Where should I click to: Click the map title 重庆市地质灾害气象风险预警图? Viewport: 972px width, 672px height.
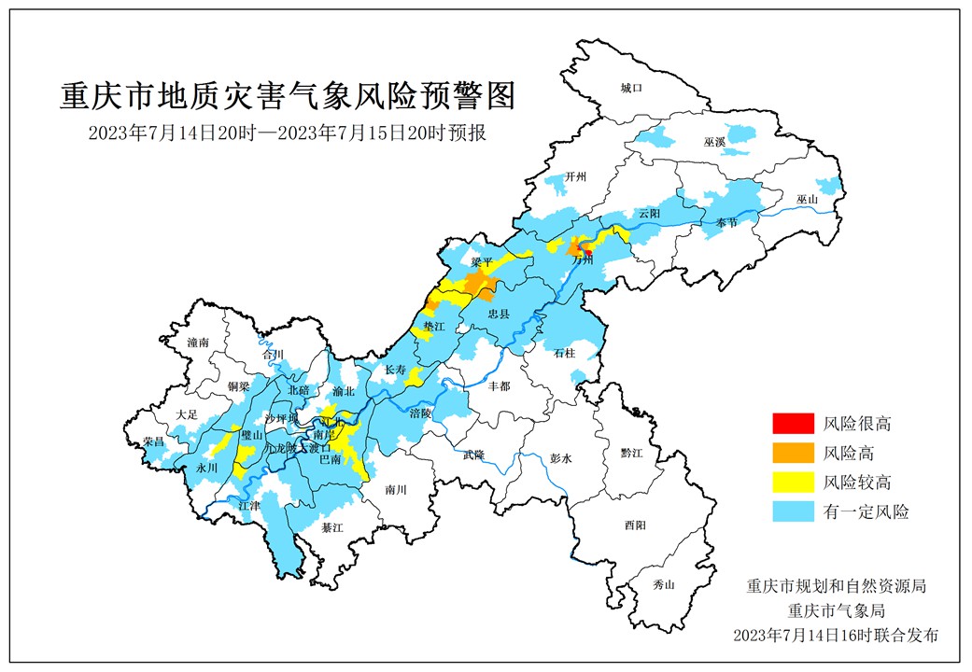288,95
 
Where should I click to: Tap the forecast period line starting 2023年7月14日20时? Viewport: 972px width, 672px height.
287,133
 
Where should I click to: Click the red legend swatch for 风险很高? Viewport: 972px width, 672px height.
790,424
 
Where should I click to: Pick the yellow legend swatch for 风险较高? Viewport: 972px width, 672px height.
790,483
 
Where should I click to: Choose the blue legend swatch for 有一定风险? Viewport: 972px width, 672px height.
790,511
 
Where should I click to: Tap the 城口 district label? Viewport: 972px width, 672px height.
632,88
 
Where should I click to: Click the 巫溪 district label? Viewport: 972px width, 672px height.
715,142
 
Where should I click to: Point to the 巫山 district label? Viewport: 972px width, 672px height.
808,200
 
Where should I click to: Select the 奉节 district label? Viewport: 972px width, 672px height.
726,223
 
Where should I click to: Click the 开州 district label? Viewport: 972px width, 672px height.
576,178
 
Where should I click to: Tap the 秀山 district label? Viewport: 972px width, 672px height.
664,584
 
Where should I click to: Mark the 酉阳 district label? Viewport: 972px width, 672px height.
635,525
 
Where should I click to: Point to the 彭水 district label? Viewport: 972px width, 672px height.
560,458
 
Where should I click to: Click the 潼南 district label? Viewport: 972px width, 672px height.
198,343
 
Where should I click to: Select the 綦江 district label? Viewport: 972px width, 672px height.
332,527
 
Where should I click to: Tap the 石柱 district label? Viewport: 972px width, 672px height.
565,353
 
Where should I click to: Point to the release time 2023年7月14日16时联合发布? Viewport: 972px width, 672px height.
835,635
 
